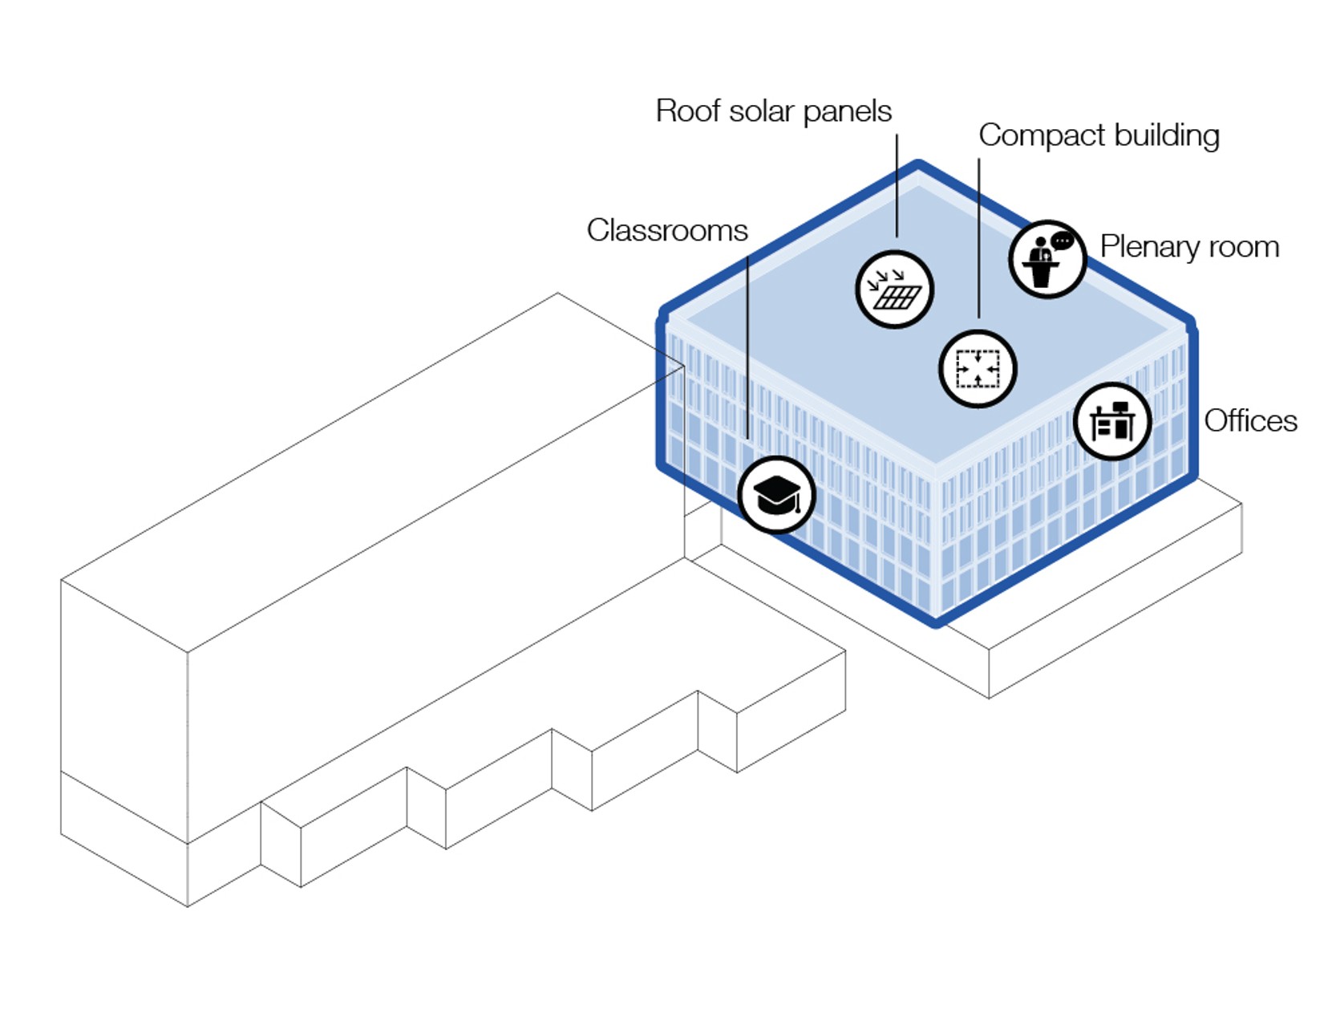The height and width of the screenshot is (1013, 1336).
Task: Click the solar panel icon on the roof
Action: tap(894, 290)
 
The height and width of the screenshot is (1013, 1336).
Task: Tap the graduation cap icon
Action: tap(776, 494)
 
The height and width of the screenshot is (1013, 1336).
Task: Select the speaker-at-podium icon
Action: tap(1047, 259)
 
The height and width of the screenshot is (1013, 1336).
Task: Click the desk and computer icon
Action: tap(1112, 420)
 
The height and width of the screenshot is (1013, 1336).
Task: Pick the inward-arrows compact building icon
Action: tap(978, 368)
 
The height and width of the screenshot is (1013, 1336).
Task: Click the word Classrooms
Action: tap(667, 230)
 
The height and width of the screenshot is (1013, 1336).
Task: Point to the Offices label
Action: tap(1250, 420)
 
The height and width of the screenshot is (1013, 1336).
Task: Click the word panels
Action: tap(848, 112)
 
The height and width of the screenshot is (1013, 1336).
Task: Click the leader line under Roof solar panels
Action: tap(897, 185)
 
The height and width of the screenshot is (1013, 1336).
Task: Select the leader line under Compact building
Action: tap(978, 238)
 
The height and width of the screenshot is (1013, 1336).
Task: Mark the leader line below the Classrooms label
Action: tap(747, 347)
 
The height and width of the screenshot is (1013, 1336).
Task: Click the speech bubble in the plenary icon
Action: tap(1062, 241)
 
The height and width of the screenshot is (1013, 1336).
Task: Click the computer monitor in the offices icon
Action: tap(1120, 407)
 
